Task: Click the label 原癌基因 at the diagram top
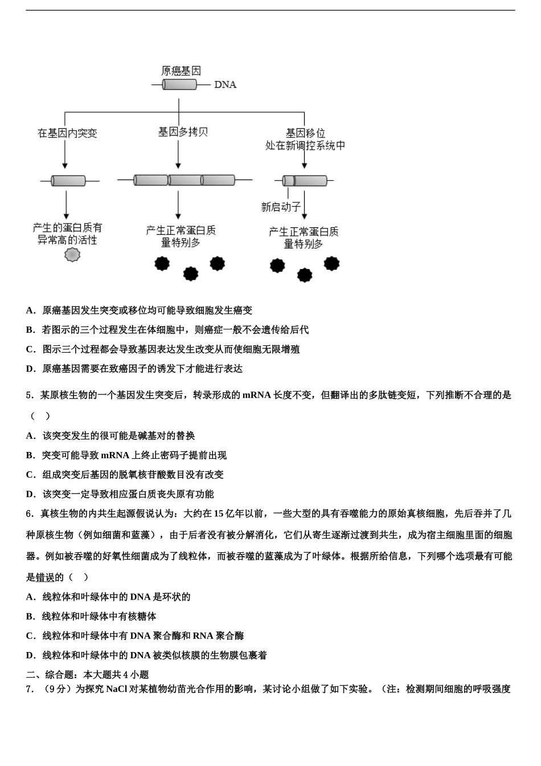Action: tap(181, 71)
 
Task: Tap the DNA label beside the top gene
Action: tap(225, 84)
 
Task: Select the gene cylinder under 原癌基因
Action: tap(179, 84)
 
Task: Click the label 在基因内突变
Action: tap(67, 133)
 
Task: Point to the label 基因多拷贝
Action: tap(183, 132)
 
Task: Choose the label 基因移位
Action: tap(305, 133)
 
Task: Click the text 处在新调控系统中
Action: tap(305, 145)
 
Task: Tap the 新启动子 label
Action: tap(280, 207)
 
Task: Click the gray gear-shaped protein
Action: tap(72, 254)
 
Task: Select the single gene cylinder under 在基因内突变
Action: tap(68, 181)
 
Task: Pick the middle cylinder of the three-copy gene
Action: tap(185, 180)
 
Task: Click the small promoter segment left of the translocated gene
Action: tap(289, 181)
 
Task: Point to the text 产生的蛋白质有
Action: tap(67, 227)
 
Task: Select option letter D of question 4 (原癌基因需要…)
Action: tap(31, 369)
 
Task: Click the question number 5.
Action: tap(29, 395)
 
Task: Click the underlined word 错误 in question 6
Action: tap(45, 577)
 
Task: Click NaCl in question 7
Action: tap(117, 689)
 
